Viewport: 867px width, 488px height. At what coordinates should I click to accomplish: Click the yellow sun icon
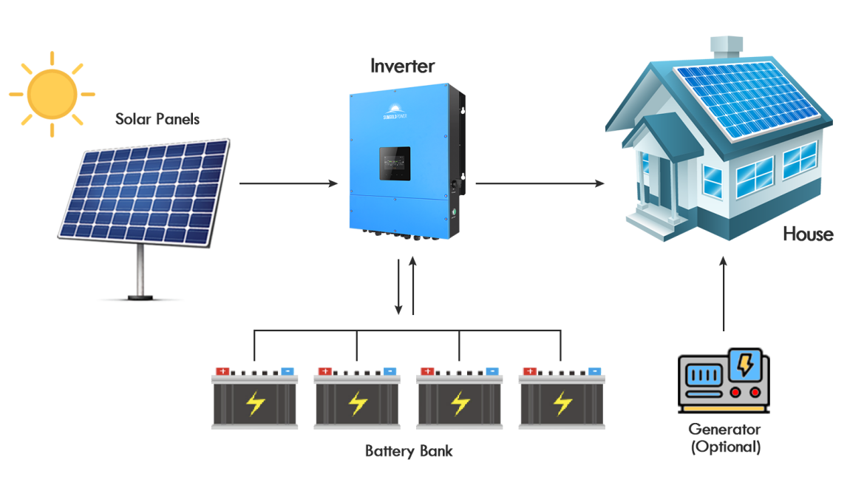pyautogui.click(x=52, y=94)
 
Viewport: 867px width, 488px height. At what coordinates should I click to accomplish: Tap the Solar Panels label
pyautogui.click(x=157, y=118)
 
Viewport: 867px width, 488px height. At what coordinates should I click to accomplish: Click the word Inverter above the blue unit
pyautogui.click(x=402, y=66)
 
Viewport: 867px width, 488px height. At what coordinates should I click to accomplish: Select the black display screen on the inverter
pyautogui.click(x=395, y=163)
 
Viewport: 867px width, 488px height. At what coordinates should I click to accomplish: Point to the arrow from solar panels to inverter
pyautogui.click(x=288, y=183)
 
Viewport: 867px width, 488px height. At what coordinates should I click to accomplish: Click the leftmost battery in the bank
pyautogui.click(x=255, y=399)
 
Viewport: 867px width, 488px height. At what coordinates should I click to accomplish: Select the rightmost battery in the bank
pyautogui.click(x=562, y=399)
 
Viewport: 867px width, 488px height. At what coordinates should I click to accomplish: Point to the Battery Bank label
pyautogui.click(x=409, y=451)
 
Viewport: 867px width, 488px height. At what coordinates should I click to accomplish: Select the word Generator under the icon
pyautogui.click(x=724, y=429)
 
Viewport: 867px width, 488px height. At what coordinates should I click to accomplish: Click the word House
pyautogui.click(x=808, y=234)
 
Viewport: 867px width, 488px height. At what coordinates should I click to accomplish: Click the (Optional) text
pyautogui.click(x=724, y=447)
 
